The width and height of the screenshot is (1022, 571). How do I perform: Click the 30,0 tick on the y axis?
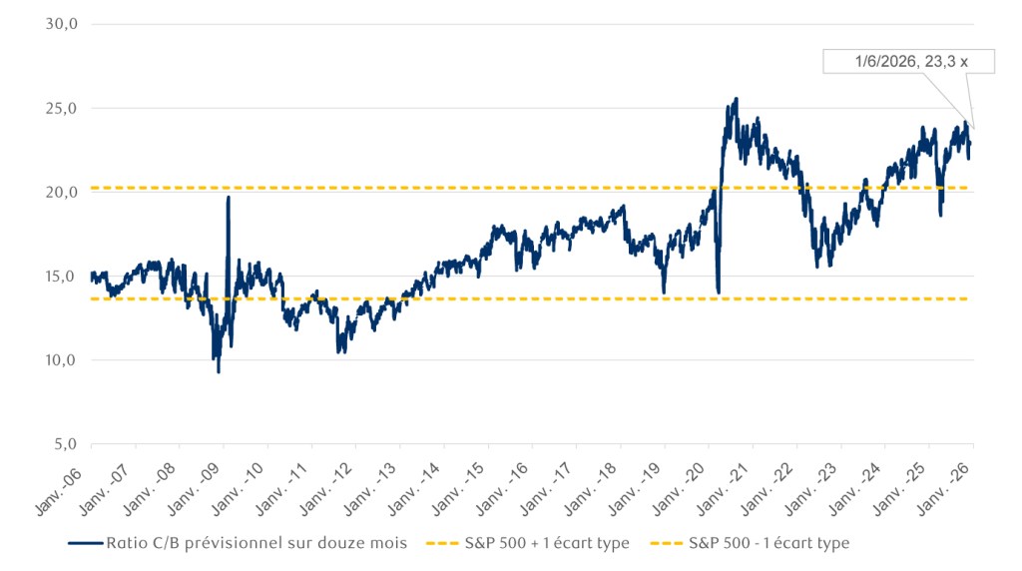(62, 24)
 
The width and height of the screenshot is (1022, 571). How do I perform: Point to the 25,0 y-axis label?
(62, 108)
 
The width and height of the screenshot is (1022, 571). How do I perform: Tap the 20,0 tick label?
(62, 192)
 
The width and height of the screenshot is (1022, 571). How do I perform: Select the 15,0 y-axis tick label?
(62, 276)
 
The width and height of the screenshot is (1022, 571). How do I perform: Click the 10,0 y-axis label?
(62, 359)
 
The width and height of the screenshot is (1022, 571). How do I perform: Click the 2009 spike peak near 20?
(229, 198)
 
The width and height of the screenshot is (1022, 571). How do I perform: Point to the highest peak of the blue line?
(736, 99)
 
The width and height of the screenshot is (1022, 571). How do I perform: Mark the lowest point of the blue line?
(219, 371)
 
